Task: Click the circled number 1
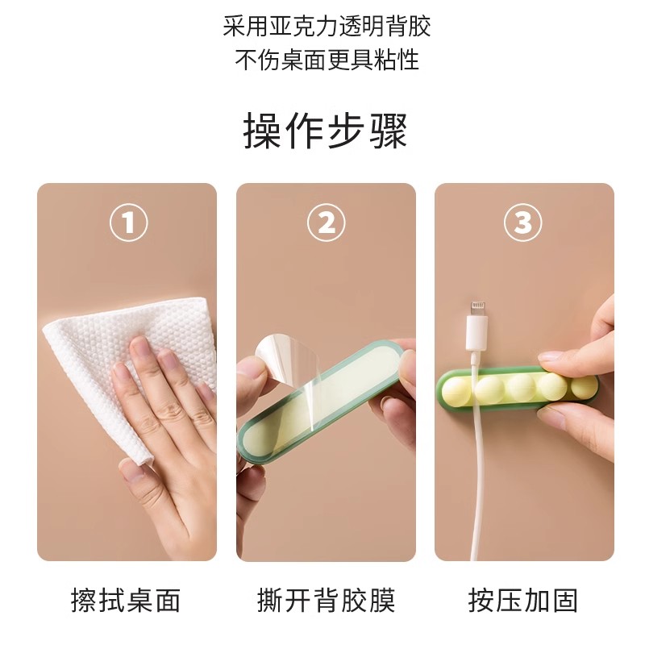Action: [127, 222]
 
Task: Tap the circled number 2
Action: [326, 222]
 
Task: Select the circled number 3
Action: [523, 222]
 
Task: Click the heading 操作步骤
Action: [325, 131]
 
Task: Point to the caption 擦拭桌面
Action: [126, 600]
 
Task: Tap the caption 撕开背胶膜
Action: [326, 600]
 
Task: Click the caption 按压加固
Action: [523, 600]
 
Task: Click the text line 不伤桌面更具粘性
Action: [327, 60]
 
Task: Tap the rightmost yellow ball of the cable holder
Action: [582, 385]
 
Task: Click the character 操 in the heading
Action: [263, 131]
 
